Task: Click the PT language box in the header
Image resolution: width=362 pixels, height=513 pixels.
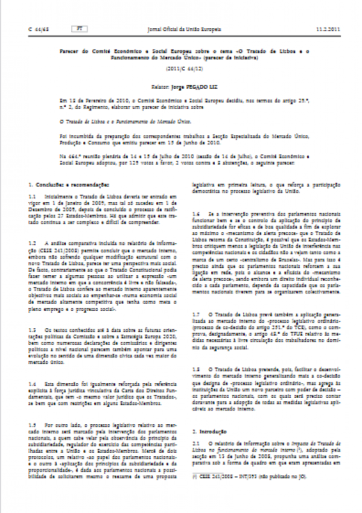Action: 77,28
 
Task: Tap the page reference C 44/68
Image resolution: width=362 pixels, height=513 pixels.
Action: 38,28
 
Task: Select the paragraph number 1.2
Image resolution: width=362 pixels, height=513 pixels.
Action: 33,242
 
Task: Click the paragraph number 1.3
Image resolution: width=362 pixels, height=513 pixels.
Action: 33,331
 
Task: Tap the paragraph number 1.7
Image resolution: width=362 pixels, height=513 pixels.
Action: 195,315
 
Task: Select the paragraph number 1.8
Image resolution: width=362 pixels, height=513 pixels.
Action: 195,367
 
